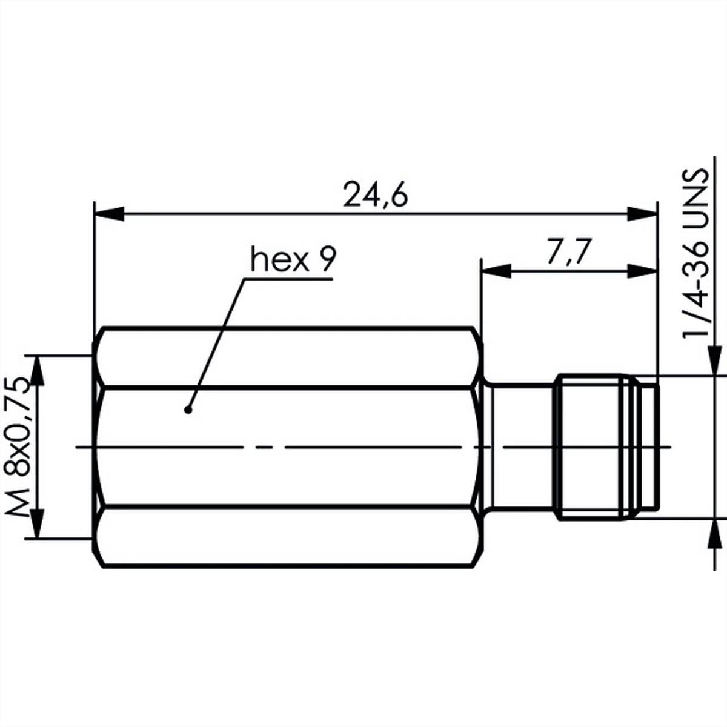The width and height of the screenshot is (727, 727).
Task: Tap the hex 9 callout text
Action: click(292, 261)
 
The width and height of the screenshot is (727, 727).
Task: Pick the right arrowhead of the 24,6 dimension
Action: click(642, 214)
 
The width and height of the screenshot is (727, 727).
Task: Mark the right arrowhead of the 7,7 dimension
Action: click(642, 271)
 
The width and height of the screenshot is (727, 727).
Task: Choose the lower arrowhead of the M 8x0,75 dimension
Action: click(38, 523)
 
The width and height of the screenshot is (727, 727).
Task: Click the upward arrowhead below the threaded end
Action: click(715, 533)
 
